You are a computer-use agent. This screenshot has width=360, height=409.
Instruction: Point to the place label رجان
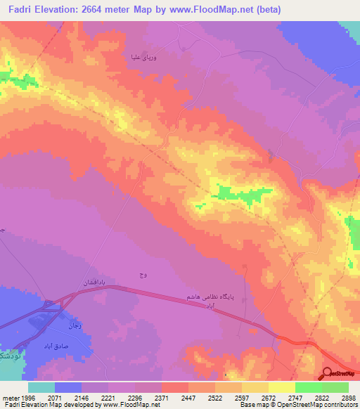(x=75, y=325)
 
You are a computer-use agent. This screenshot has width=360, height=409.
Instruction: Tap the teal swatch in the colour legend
(x=41, y=387)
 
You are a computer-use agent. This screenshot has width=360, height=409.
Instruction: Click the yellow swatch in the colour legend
(x=281, y=387)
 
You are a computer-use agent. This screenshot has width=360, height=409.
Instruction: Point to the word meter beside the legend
(x=10, y=397)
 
